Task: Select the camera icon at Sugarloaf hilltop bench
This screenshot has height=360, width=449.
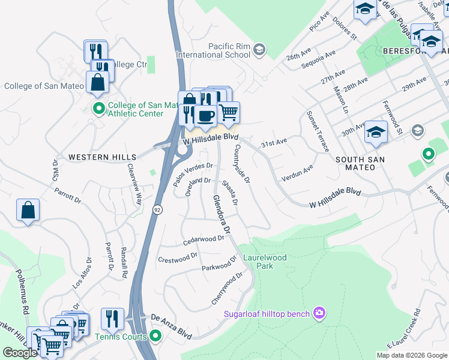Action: coord(319,313)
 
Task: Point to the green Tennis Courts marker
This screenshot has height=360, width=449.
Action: coord(155,336)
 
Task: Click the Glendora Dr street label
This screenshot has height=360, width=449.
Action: coord(221,214)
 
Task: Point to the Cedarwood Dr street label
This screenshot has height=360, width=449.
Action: coord(203,241)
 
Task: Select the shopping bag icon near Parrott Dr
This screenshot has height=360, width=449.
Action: coord(28,210)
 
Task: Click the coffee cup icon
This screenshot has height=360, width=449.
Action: coord(205,115)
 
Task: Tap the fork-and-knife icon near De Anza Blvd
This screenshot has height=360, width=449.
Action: coord(112,318)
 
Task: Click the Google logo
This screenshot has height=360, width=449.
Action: coord(20,353)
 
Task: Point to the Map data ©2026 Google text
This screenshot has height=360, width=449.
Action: coord(411,355)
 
